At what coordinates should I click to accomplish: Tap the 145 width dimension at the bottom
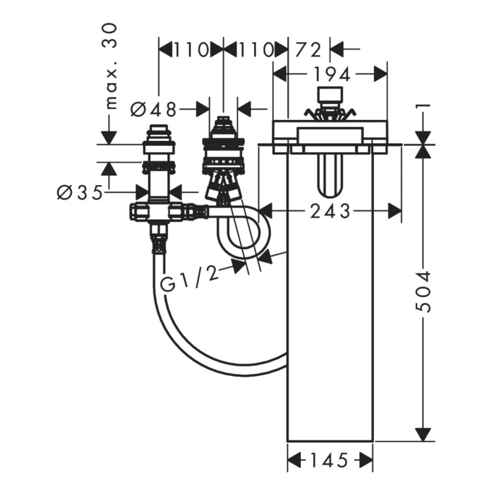coord(330,461)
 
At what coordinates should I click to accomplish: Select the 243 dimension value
coord(330,211)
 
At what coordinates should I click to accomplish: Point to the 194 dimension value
coord(333,74)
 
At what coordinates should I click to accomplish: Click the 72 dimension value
coord(309,50)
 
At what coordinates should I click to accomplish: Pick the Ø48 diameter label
coord(154,109)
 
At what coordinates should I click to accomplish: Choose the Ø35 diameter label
coord(80,192)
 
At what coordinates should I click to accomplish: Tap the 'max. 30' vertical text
coord(110,67)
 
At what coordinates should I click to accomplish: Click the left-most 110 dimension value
coord(191,50)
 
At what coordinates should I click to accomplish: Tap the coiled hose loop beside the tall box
coord(243,232)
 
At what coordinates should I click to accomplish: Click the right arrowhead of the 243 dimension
coord(394,211)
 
